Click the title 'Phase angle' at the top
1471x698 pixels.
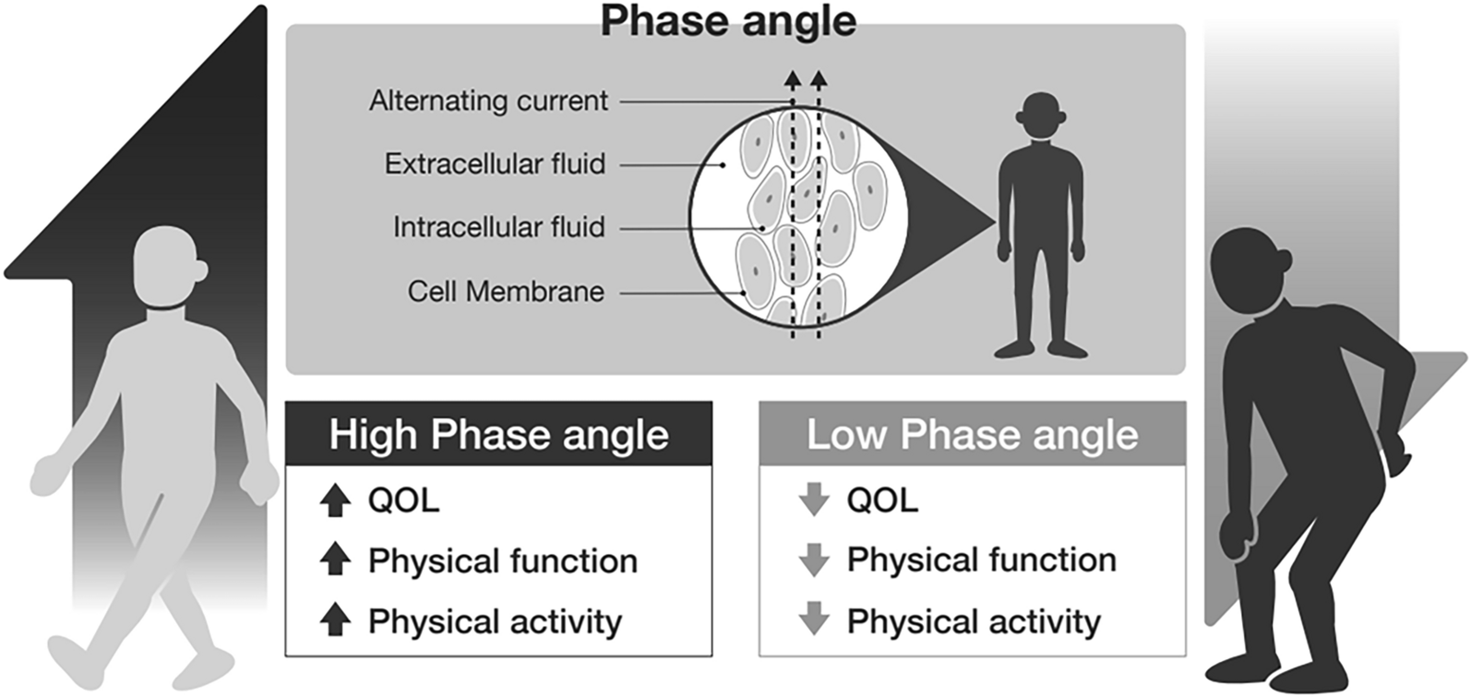pyautogui.click(x=728, y=21)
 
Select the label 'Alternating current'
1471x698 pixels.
pyautogui.click(x=488, y=100)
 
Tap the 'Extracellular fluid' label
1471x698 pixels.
pyautogui.click(x=495, y=164)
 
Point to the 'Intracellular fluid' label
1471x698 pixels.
pyautogui.click(x=498, y=227)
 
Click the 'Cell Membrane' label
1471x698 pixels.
pyautogui.click(x=506, y=292)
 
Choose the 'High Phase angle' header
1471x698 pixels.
pyautogui.click(x=498, y=434)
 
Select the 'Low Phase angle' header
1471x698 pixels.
pyautogui.click(x=972, y=434)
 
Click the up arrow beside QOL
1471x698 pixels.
pyautogui.click(x=335, y=500)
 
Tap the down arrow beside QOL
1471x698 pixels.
pyautogui.click(x=813, y=500)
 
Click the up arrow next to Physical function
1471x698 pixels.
pyautogui.click(x=335, y=560)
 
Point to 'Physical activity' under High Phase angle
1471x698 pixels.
pyautogui.click(x=495, y=621)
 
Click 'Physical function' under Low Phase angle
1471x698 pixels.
pyautogui.click(x=981, y=560)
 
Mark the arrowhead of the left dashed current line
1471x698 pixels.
pyautogui.click(x=792, y=78)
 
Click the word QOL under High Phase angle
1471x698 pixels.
pyautogui.click(x=403, y=500)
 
